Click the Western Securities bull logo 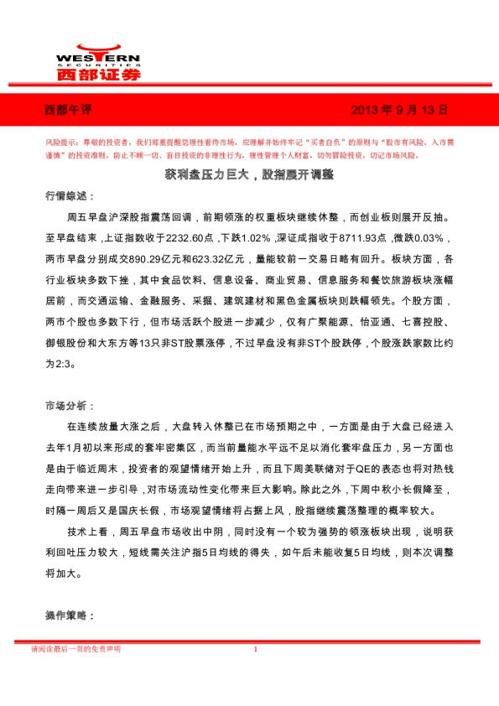pyautogui.click(x=97, y=48)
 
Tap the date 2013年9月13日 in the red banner pyautogui.click(x=398, y=110)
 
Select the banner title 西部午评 pyautogui.click(x=66, y=110)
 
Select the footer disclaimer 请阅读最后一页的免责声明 pyautogui.click(x=75, y=649)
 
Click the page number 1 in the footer pyautogui.click(x=254, y=649)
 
